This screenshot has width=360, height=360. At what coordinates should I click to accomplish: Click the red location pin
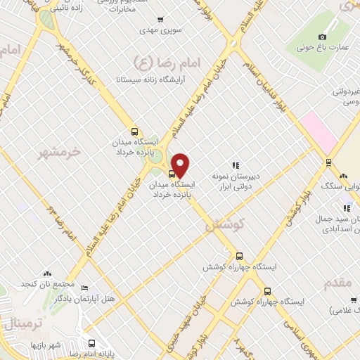pyautogui.click(x=181, y=165)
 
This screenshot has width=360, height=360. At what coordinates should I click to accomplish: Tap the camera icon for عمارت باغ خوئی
pyautogui.click(x=322, y=37)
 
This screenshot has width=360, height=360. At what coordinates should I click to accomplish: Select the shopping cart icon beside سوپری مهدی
pyautogui.click(x=161, y=19)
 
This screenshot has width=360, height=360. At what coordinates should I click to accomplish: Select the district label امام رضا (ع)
pyautogui.click(x=168, y=63)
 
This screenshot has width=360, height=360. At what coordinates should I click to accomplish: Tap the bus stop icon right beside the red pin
pyautogui.click(x=172, y=174)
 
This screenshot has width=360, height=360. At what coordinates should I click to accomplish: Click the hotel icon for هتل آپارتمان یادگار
pyautogui.click(x=85, y=288)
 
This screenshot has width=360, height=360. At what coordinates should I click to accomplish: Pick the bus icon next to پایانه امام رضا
pyautogui.click(x=91, y=344)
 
